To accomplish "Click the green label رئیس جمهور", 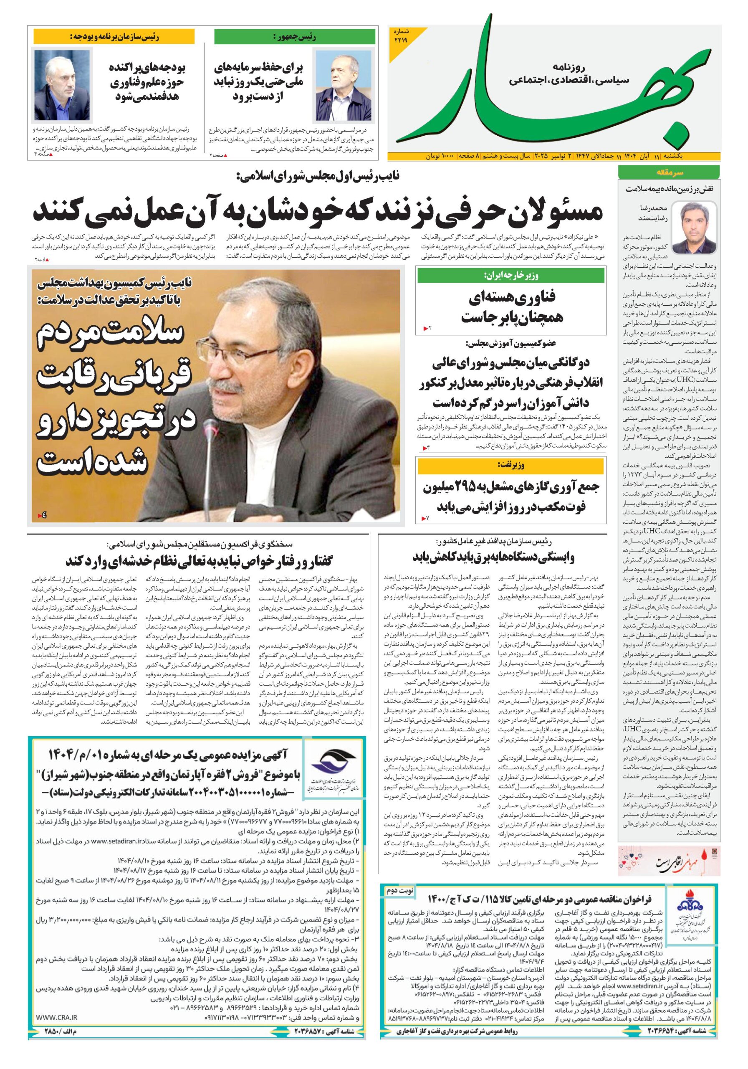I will [x=295, y=37].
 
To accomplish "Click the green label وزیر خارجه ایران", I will [x=511, y=276].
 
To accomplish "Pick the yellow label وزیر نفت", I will [x=511, y=465].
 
